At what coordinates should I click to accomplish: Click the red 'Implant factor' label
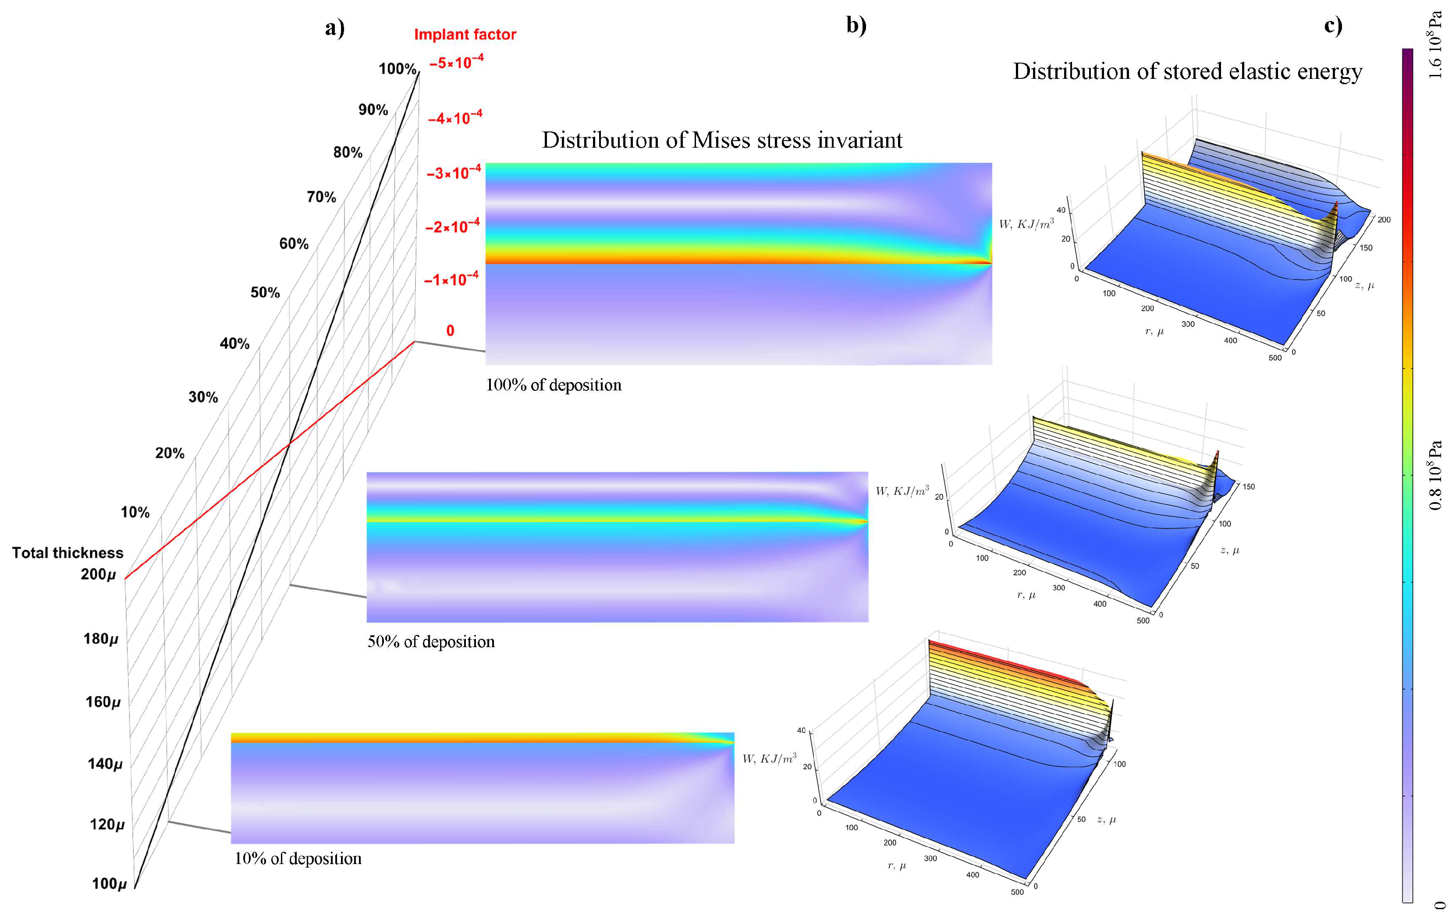tap(465, 34)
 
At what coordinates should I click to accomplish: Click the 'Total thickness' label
tap(67, 553)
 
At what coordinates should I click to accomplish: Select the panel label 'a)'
tap(335, 28)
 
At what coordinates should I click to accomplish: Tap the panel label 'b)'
tap(856, 25)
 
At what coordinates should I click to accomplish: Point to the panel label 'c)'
tap(1333, 25)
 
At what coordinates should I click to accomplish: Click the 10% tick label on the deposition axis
tap(135, 512)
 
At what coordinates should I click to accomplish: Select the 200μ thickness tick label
tap(98, 574)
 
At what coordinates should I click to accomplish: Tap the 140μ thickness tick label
tap(105, 764)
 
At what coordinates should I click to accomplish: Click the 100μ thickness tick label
tap(109, 884)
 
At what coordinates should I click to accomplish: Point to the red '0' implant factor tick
tap(450, 330)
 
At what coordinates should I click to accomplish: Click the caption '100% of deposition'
tap(554, 385)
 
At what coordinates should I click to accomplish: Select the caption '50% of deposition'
tap(431, 641)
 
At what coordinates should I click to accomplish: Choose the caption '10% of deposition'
tap(298, 858)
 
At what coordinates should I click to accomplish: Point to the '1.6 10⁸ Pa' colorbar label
tap(1435, 45)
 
